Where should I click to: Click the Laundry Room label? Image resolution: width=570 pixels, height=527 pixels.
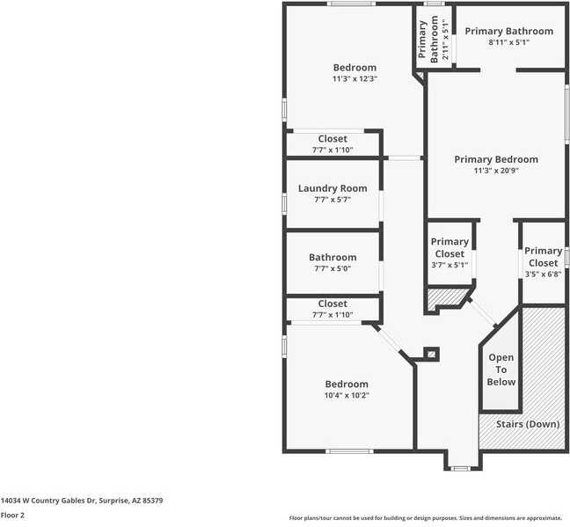332,188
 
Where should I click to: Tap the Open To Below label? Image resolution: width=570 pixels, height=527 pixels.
501,370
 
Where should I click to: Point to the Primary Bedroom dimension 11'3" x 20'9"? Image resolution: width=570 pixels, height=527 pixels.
496,172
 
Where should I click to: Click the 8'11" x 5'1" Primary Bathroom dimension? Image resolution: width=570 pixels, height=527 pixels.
509,43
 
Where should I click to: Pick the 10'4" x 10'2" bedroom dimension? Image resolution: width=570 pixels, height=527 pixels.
347,396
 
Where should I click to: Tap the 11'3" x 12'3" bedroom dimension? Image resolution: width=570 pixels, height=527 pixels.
354,79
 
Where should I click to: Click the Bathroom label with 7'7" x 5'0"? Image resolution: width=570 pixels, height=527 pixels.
332,258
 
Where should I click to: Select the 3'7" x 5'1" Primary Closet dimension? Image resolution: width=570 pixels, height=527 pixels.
449,265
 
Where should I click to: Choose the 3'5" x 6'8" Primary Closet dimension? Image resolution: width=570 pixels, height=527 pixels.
543,274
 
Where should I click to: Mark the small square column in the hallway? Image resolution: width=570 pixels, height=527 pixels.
431,354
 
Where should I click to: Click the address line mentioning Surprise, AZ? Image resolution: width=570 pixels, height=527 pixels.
81,500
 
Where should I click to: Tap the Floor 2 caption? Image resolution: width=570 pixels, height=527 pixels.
11,515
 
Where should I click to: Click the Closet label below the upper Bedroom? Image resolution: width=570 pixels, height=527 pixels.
332,139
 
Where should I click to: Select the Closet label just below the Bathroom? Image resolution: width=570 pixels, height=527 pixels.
332,304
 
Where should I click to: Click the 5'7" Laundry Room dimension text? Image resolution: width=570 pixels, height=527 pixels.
332,200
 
